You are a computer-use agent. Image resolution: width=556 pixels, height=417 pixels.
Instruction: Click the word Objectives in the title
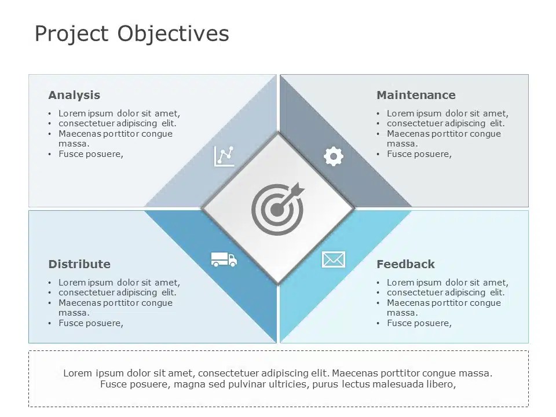tap(173, 34)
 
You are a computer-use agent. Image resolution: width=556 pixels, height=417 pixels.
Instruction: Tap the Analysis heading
tap(74, 95)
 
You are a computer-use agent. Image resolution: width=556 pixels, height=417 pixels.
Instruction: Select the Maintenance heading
tap(416, 95)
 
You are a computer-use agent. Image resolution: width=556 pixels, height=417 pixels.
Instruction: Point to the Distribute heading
tap(79, 264)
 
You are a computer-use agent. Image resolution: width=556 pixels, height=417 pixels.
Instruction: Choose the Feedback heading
tap(405, 264)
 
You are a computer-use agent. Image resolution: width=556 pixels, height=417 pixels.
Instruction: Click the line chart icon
tap(224, 156)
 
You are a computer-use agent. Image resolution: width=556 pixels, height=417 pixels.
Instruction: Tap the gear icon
tap(333, 156)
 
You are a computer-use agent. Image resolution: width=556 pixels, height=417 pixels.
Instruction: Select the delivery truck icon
tap(224, 259)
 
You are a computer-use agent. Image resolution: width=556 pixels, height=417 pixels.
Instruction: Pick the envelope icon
tap(333, 259)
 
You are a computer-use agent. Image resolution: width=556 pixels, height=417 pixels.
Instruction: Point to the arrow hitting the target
tap(294, 191)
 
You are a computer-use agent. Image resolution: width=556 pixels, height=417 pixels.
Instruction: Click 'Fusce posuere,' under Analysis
tap(91, 154)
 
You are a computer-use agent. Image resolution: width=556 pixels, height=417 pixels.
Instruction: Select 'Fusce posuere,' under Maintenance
tap(419, 154)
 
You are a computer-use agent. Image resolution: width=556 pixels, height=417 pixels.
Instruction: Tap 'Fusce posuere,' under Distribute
tap(91, 323)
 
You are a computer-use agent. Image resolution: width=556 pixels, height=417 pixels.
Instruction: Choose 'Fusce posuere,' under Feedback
tap(419, 323)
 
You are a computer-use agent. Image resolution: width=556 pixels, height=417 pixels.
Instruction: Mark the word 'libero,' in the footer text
tap(441, 384)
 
